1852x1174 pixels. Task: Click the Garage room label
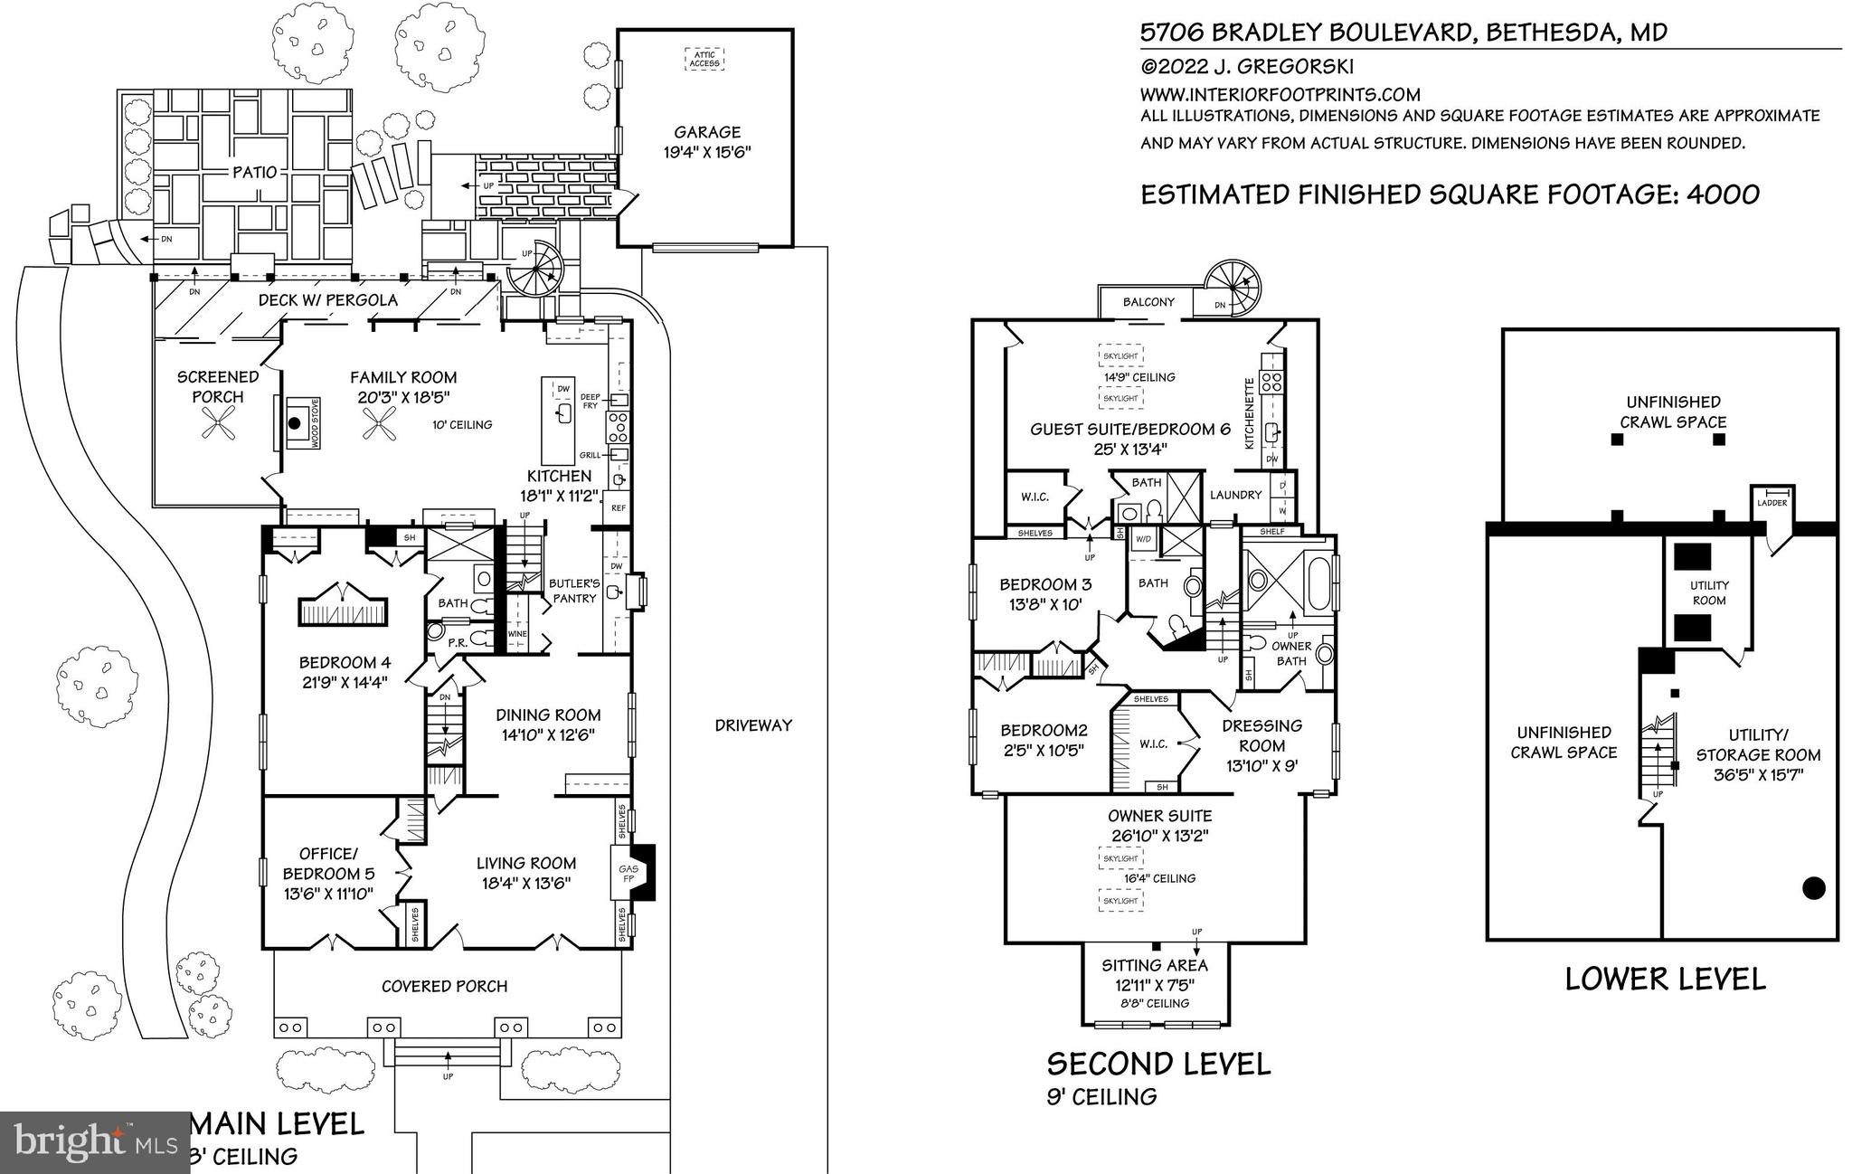coord(706,132)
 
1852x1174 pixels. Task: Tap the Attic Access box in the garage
coord(704,59)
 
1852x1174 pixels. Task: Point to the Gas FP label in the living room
coord(628,875)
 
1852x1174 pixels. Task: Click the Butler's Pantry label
coord(574,591)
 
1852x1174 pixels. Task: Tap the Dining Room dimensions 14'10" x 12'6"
coord(548,734)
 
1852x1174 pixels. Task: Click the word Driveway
coord(753,724)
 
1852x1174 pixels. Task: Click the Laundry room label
coord(1235,495)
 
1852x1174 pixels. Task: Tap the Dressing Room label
coord(1261,735)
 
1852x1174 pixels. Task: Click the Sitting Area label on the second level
coord(1155,966)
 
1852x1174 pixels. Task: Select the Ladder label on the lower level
coord(1772,503)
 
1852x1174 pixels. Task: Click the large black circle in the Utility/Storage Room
coord(1813,888)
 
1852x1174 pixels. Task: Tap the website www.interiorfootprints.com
coord(1280,94)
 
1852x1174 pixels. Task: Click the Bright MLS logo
coord(95,1141)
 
